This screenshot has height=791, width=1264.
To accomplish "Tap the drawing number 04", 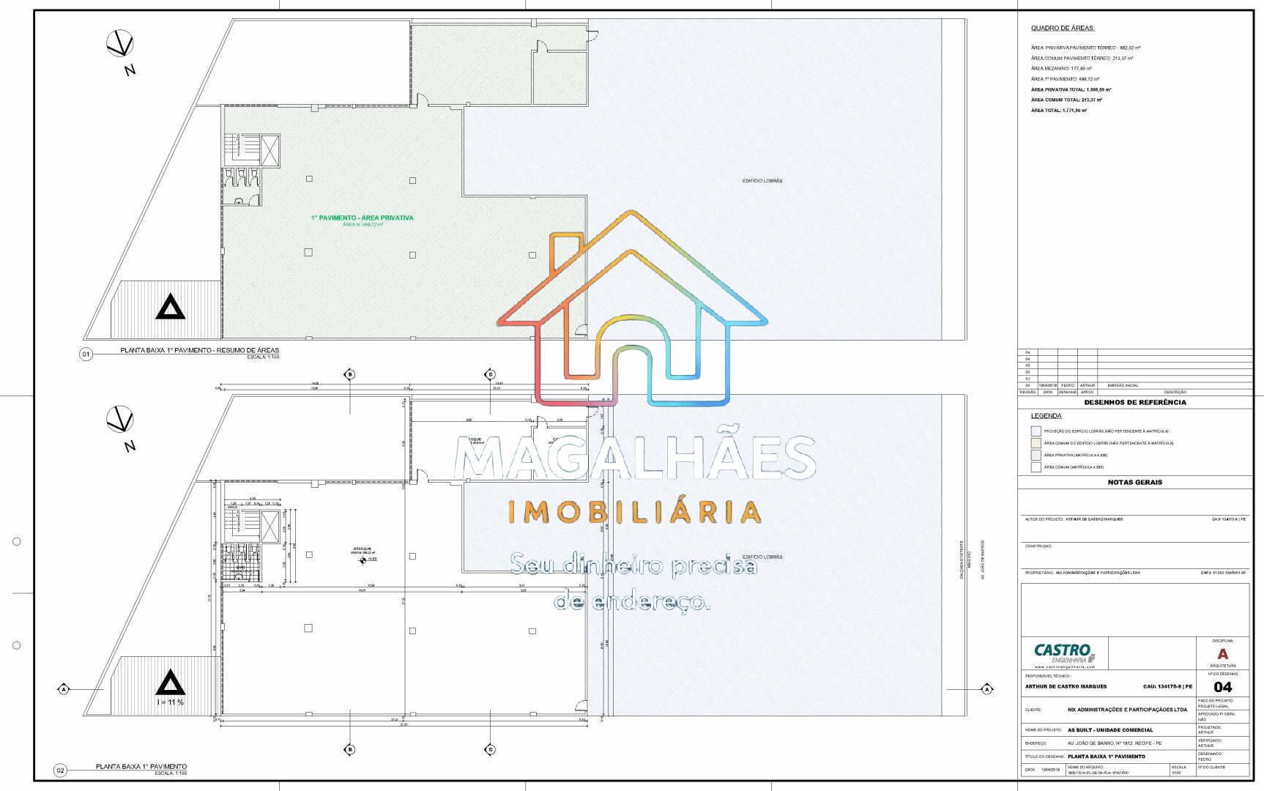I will [1222, 686].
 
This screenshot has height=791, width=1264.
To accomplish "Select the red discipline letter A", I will [1222, 654].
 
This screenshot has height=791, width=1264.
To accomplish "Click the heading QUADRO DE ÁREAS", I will [1062, 28].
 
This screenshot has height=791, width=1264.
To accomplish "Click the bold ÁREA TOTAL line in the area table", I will [1058, 110].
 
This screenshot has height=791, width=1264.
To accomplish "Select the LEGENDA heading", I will [1046, 416].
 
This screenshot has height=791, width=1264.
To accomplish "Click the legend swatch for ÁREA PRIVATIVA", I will [1036, 455].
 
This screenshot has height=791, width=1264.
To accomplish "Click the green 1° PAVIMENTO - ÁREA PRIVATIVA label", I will [362, 218].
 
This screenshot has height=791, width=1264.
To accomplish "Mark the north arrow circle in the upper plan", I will [119, 43].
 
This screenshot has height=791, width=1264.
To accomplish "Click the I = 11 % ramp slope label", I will [170, 702].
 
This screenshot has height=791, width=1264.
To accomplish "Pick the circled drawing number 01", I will [86, 354].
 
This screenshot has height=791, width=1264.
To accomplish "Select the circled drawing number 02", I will [61, 770].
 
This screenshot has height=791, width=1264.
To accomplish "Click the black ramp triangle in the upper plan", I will [170, 307].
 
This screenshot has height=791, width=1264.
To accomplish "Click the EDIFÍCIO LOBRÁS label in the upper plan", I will [762, 180].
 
